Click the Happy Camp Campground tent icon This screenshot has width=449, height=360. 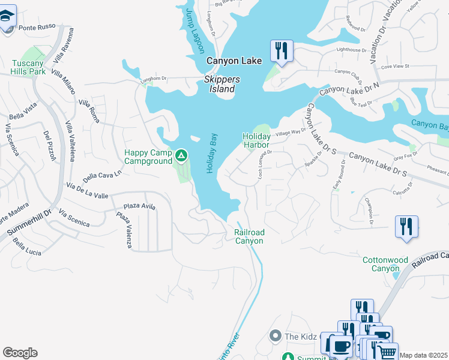[181, 157]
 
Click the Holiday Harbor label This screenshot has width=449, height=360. [256, 140]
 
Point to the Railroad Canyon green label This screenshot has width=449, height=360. [249, 236]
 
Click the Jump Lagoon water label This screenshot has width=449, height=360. [194, 31]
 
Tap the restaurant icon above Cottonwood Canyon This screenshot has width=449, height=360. [406, 227]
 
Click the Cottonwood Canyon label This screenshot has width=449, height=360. [385, 264]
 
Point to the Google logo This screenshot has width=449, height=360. [20, 353]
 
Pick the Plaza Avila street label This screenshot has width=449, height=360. [140, 206]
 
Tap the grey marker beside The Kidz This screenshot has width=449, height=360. [276, 335]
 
